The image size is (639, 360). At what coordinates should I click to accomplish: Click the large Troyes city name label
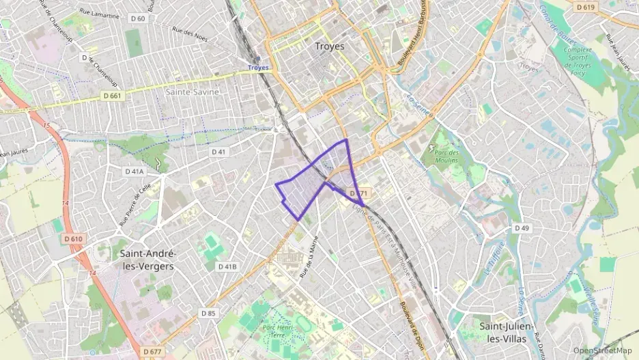330,46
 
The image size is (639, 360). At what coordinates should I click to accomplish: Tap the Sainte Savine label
192,92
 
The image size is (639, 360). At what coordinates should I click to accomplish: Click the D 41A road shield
134,171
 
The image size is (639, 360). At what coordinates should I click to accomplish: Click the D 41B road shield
227,266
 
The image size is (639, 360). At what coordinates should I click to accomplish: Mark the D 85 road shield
208,313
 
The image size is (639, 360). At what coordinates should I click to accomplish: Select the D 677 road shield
152,352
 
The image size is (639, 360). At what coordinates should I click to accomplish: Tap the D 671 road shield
359,194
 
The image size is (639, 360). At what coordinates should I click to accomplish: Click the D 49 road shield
522,227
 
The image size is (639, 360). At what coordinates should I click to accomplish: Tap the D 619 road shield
585,7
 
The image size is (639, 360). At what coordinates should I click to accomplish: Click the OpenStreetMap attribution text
602,350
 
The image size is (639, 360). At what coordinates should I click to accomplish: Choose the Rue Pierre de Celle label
134,202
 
